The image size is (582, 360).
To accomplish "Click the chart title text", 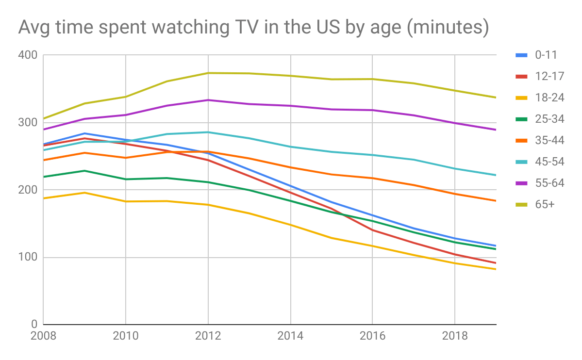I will (253, 28).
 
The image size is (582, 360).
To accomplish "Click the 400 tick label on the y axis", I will (29, 55).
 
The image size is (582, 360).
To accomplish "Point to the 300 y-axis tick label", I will (29, 123).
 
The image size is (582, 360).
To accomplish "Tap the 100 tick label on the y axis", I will (29, 258).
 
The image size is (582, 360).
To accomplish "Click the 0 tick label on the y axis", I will (34, 325).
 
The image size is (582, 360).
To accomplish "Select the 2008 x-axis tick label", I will (44, 336).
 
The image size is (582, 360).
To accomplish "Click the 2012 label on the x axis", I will (208, 336).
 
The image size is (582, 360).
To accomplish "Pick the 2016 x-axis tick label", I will (372, 336).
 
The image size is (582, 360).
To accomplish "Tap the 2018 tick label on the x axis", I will (455, 336).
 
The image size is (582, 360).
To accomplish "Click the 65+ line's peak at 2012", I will (208, 73).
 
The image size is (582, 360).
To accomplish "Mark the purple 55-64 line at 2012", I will (208, 100).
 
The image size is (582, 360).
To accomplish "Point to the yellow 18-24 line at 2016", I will (372, 246).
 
